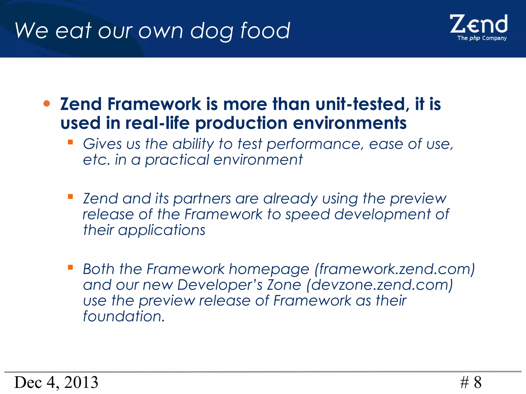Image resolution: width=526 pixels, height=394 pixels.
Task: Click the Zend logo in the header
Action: tap(478, 24)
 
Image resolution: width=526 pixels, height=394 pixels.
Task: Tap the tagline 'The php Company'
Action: tap(482, 38)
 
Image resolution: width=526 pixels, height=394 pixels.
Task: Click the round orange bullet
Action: tap(46, 103)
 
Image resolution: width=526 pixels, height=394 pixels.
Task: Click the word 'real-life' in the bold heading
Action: tap(157, 123)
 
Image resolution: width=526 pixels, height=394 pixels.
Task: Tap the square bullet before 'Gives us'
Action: tap(70, 142)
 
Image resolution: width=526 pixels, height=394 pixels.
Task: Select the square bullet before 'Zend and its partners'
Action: tap(70, 197)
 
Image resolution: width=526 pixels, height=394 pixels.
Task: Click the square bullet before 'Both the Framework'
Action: tap(70, 267)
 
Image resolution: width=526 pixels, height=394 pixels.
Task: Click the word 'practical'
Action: tap(177, 160)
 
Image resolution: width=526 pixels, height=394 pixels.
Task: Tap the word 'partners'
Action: tap(202, 199)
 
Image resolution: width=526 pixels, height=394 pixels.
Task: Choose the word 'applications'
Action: tap(162, 230)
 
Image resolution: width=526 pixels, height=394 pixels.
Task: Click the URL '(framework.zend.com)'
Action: tap(395, 269)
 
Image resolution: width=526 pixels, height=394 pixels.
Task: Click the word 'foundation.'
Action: tap(124, 316)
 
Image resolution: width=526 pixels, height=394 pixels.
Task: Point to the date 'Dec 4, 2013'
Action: tap(56, 382)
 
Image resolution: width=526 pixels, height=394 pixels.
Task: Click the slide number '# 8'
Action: tap(471, 382)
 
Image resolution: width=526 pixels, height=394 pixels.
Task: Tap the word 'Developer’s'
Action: tap(220, 285)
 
